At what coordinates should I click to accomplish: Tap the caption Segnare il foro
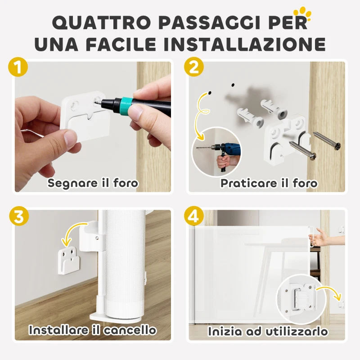point(93,183)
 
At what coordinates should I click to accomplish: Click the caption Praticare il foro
point(269,183)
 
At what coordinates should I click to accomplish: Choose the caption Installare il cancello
point(93,330)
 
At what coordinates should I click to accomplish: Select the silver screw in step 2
point(303,150)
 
